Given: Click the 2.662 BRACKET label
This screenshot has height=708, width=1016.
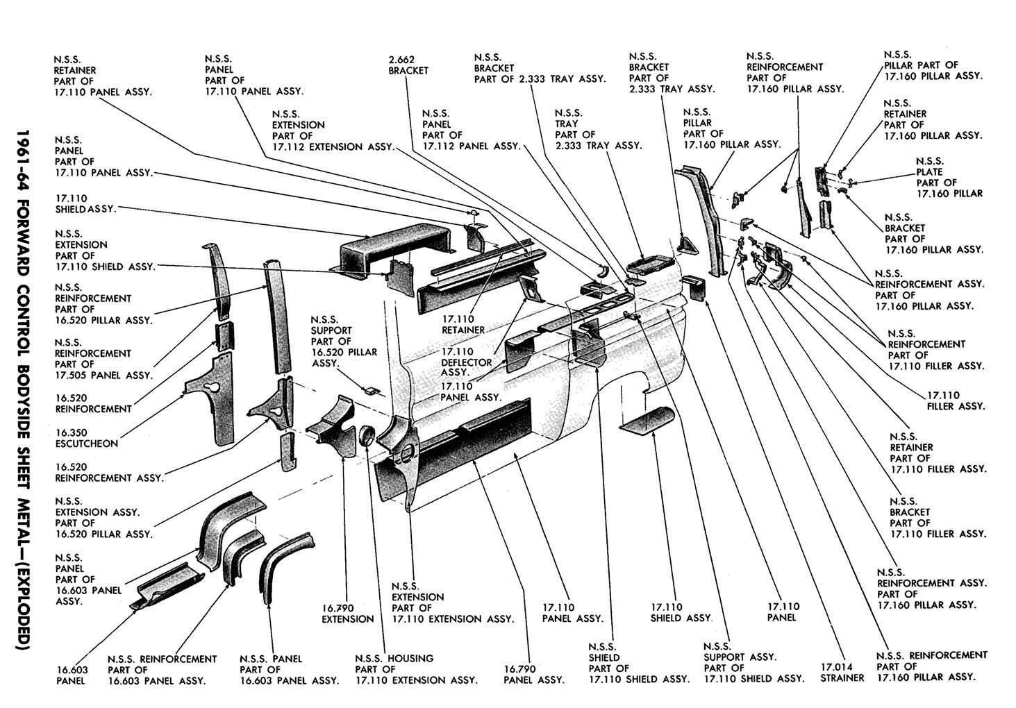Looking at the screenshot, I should (x=408, y=65).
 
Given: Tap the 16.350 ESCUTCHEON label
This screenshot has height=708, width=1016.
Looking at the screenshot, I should (x=86, y=438).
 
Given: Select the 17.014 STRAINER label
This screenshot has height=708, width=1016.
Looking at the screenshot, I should (x=842, y=672).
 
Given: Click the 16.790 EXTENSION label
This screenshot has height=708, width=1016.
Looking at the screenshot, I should (x=347, y=614).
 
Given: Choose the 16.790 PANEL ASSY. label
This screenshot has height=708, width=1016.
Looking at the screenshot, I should (x=533, y=675).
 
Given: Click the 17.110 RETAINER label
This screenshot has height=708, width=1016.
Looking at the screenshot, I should (x=463, y=324).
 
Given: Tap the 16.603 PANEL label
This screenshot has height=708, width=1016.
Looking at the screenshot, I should (x=71, y=675).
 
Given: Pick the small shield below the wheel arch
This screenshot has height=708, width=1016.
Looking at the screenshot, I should (x=646, y=420).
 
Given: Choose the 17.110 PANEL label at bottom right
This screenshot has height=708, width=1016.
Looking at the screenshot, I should (x=783, y=612).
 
